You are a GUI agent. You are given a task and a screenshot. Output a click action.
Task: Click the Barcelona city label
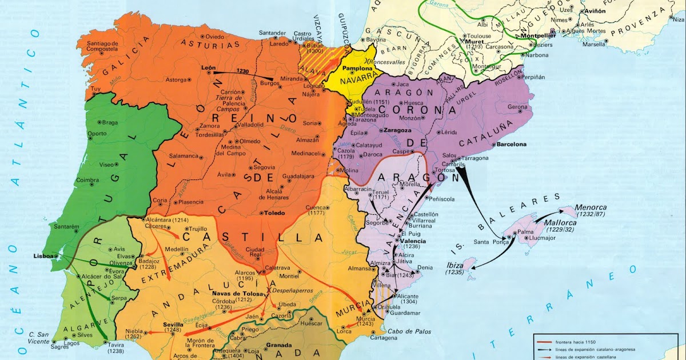[x=511, y=145]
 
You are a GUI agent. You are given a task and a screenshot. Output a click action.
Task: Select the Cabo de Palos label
[x=408, y=331]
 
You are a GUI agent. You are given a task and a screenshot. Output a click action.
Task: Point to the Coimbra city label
[x=87, y=180]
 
